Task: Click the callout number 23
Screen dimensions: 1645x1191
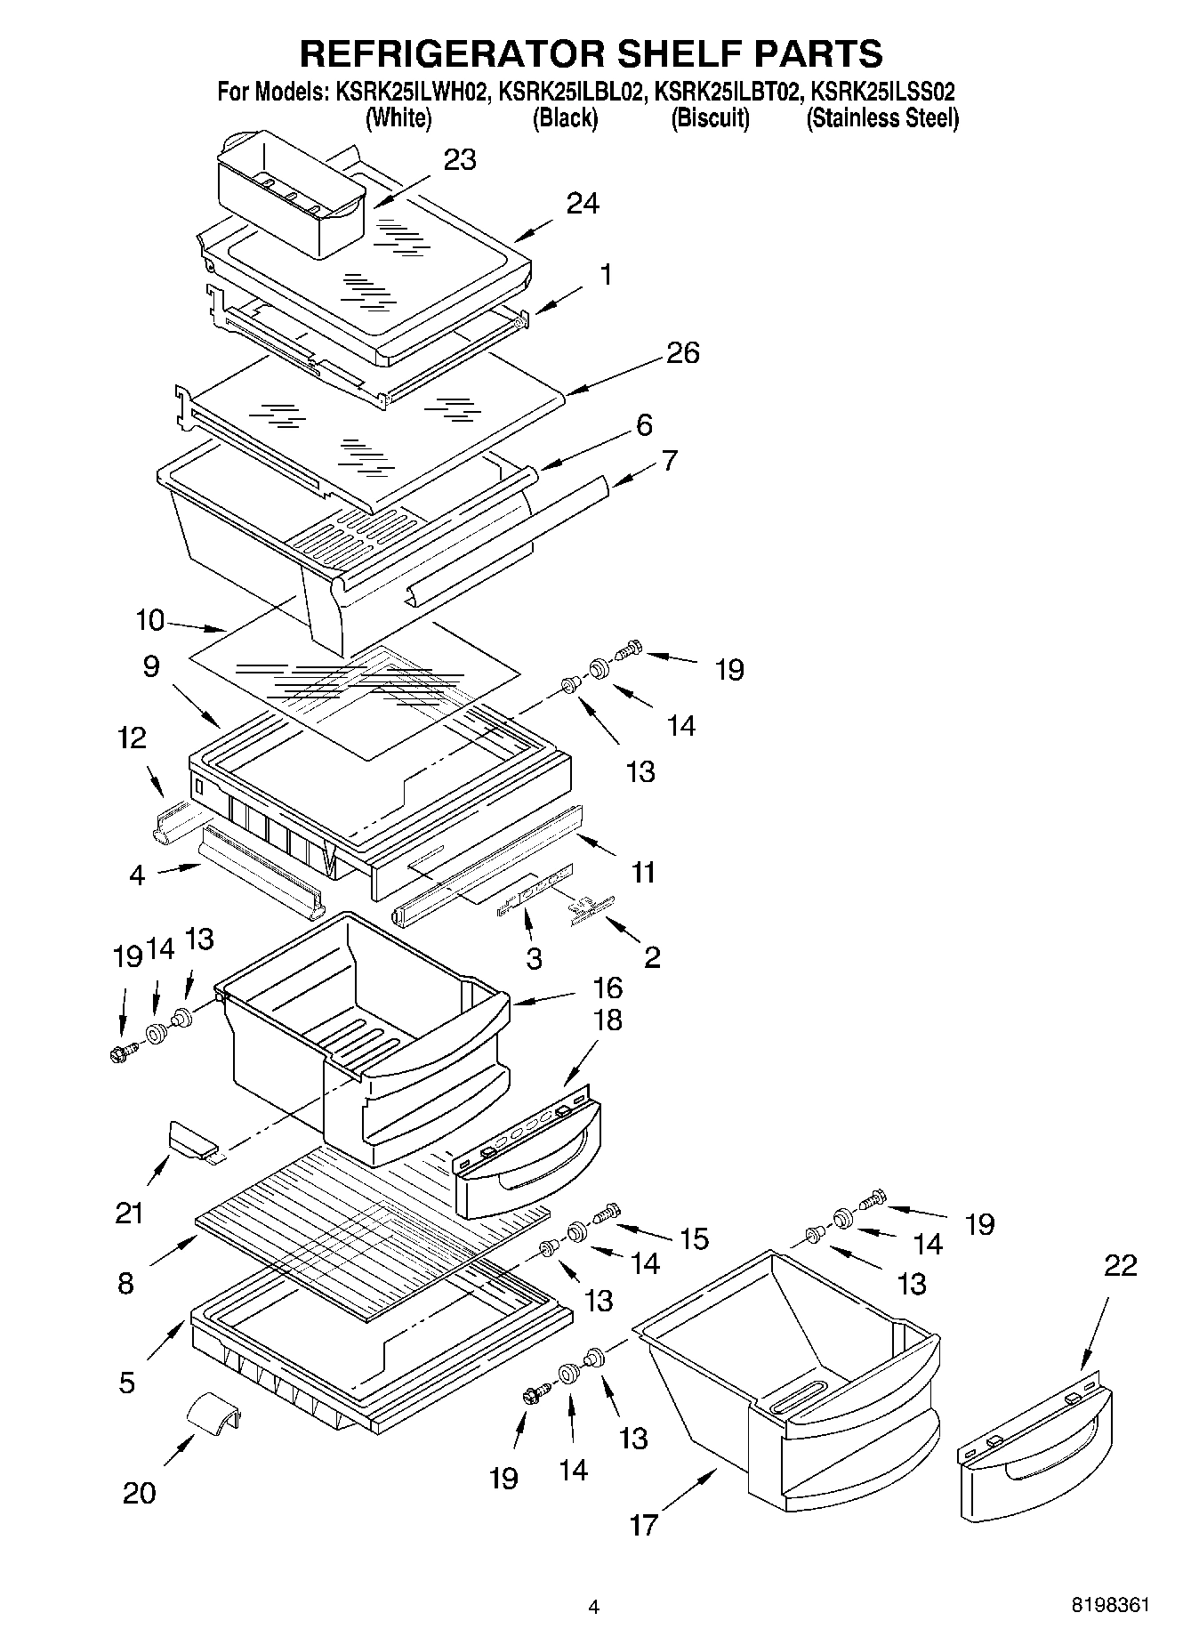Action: point(460,160)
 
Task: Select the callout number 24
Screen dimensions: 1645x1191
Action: point(583,205)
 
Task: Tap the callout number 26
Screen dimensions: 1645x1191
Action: point(682,353)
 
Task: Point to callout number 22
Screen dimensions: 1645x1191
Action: point(1119,1266)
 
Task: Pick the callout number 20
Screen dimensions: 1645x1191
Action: point(140,1492)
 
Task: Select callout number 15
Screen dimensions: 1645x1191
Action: point(693,1238)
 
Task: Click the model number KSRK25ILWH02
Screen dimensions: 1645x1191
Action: point(411,92)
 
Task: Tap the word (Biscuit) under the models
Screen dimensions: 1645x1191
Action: point(710,118)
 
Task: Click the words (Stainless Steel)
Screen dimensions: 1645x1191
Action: point(881,118)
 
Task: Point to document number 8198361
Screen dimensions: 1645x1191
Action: point(1110,1605)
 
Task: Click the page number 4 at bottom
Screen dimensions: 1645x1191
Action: point(594,1607)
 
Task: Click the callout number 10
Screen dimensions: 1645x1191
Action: point(151,620)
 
